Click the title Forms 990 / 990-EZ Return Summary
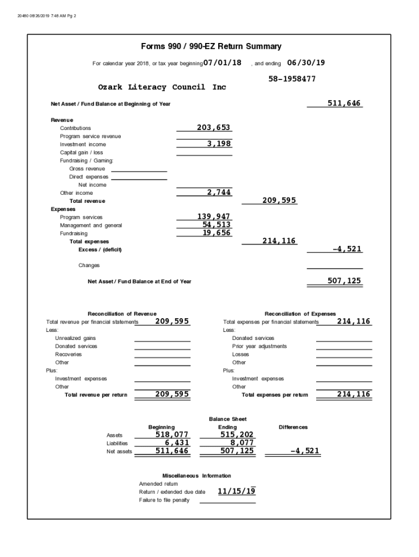tap(211, 47)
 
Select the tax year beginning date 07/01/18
tap(222, 63)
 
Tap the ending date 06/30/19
tap(306, 63)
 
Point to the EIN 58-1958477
tap(292, 79)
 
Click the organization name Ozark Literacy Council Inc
tap(162, 87)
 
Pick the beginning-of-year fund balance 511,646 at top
tap(344, 103)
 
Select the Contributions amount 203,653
tap(214, 127)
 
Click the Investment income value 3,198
tap(219, 144)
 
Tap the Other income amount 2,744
tap(219, 192)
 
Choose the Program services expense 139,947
tap(214, 216)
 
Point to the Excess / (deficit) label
tap(100, 250)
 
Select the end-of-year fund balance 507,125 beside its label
tap(344, 281)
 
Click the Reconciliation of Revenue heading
tap(122, 314)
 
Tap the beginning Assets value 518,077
tap(172, 435)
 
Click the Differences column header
tap(293, 428)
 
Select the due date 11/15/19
tap(237, 491)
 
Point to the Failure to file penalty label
tap(164, 500)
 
